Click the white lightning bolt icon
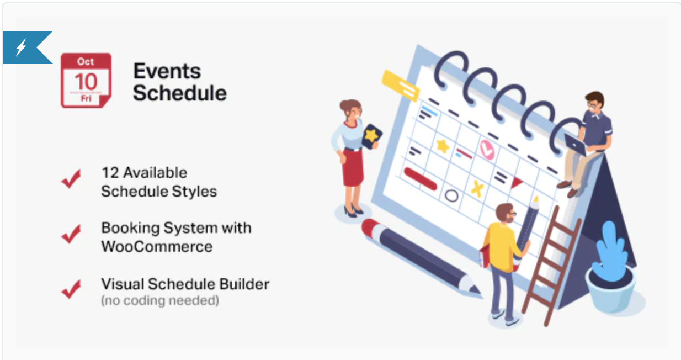(21, 47)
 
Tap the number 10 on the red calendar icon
(86, 82)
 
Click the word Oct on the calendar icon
(86, 62)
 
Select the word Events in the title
(167, 71)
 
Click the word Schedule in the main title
(180, 93)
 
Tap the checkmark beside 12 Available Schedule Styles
(71, 179)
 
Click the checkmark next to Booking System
(71, 234)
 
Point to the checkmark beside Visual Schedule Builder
(71, 289)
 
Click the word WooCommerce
(157, 247)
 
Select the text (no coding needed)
(160, 300)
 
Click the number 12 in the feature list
(110, 173)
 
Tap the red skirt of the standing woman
(353, 167)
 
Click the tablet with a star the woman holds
(371, 136)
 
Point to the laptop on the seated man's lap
(576, 145)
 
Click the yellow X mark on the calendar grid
(477, 188)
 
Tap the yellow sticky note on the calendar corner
(401, 85)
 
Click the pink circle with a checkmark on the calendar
(487, 149)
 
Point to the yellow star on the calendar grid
(443, 146)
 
